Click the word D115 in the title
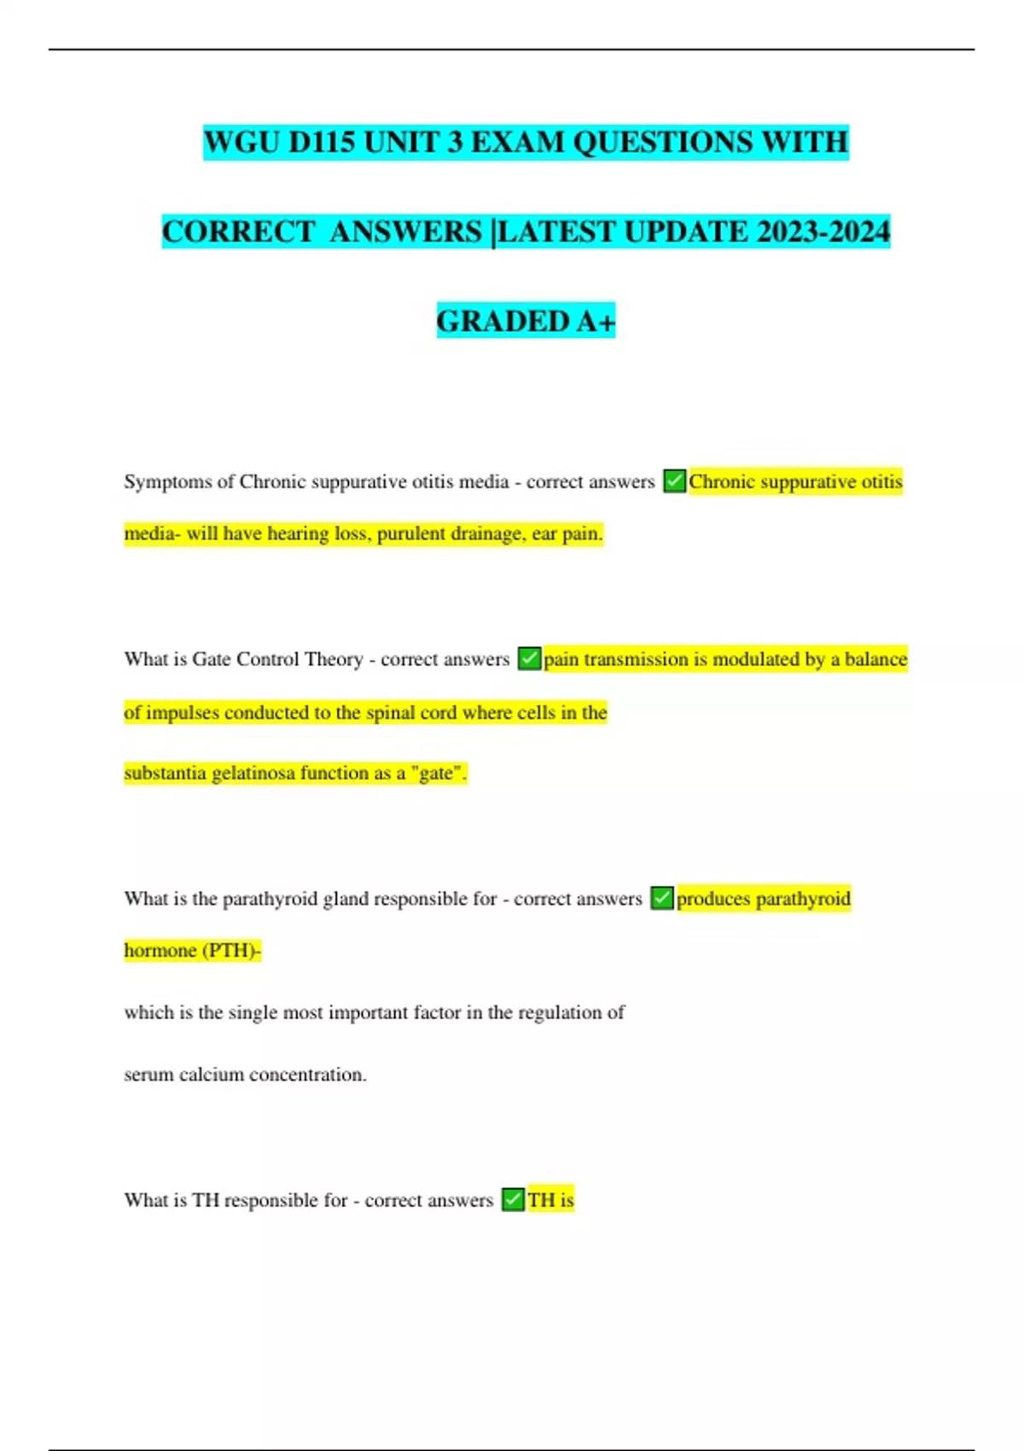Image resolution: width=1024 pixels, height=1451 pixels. click(x=321, y=142)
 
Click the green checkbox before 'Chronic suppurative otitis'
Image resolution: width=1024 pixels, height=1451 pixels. click(x=674, y=481)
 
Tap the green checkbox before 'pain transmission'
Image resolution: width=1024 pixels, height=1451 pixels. click(x=529, y=659)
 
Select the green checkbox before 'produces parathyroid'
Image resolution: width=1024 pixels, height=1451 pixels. click(x=662, y=898)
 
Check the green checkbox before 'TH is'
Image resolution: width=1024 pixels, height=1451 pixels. click(x=513, y=1199)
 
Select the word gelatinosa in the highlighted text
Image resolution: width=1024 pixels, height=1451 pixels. click(x=252, y=773)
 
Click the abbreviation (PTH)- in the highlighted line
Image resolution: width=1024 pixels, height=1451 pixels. click(x=230, y=950)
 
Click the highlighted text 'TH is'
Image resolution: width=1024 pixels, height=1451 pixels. click(x=550, y=1199)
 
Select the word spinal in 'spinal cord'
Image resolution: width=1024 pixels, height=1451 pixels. click(x=389, y=713)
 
